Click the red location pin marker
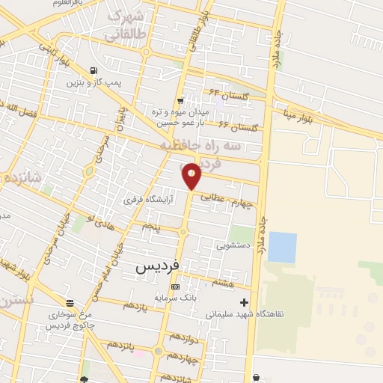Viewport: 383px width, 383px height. pyautogui.click(x=192, y=177)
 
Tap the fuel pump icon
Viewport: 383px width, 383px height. pyautogui.click(x=93, y=72)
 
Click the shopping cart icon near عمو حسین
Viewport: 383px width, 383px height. pyautogui.click(x=180, y=100)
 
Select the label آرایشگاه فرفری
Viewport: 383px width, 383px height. pyautogui.click(x=148, y=200)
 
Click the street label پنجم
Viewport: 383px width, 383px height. pyautogui.click(x=152, y=224)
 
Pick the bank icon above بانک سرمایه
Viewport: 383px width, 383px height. pyautogui.click(x=175, y=287)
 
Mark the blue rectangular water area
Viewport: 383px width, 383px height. pyautogui.click(x=282, y=248)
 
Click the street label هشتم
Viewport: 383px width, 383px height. pyautogui.click(x=223, y=283)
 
